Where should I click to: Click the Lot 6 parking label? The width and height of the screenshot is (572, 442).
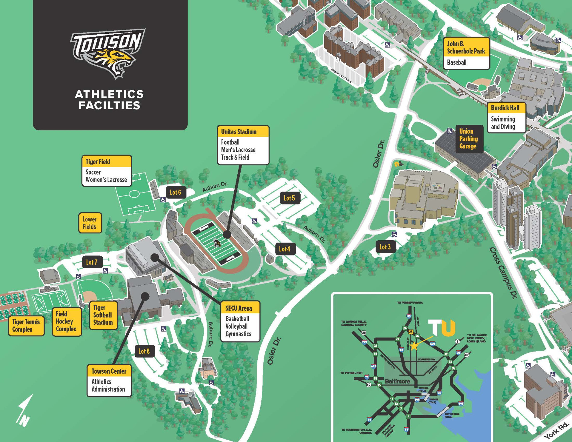click(x=176, y=192)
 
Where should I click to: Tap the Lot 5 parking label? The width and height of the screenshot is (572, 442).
click(x=289, y=198)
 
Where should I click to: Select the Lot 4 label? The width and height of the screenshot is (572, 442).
click(x=285, y=249)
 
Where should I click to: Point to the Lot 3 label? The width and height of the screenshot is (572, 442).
click(x=385, y=247)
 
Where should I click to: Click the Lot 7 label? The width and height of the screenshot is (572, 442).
click(x=92, y=262)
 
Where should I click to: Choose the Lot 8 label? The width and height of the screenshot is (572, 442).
click(x=144, y=351)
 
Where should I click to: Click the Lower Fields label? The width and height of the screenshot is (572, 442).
click(x=90, y=223)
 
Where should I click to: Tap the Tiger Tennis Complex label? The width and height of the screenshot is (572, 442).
click(x=26, y=326)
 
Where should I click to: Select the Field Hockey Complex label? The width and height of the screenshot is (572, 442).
click(x=66, y=322)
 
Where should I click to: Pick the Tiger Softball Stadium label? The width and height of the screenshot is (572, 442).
click(x=103, y=315)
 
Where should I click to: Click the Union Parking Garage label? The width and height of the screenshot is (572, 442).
click(x=468, y=139)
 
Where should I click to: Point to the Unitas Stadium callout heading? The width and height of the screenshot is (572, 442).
click(x=239, y=132)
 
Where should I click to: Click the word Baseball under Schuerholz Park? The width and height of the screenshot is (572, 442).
click(x=457, y=62)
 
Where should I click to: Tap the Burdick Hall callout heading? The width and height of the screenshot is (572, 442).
click(x=505, y=108)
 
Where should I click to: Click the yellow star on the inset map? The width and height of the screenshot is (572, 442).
click(x=414, y=346)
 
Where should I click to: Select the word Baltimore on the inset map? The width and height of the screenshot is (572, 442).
click(x=397, y=381)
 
